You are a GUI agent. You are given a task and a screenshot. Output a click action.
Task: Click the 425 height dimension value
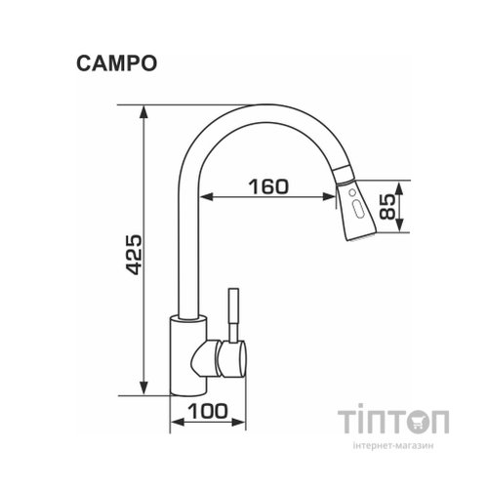135,255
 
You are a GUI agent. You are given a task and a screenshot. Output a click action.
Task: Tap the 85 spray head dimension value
387,207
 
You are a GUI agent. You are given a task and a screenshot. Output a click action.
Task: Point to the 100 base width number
209,412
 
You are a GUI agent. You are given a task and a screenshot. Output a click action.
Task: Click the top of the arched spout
254,108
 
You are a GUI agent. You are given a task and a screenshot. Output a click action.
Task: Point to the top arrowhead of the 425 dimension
146,108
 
